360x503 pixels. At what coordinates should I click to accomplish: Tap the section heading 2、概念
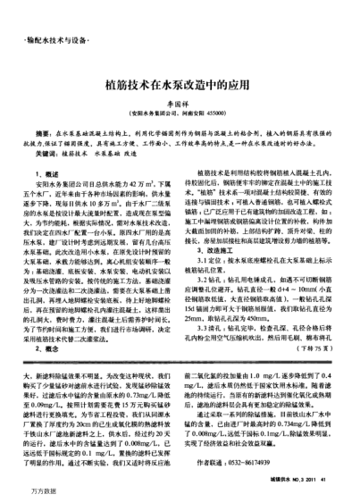pos(47,324)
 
